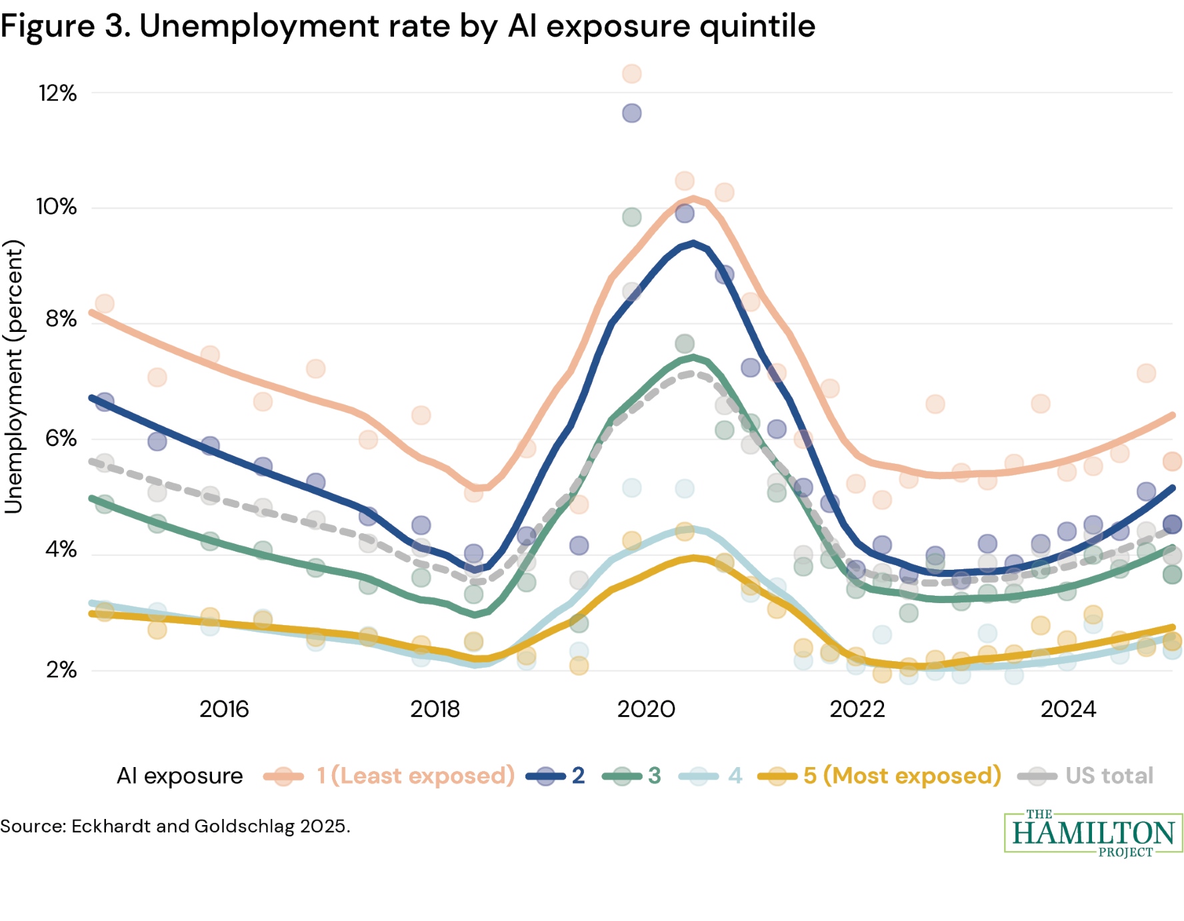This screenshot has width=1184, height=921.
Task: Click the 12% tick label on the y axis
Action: [x=57, y=93]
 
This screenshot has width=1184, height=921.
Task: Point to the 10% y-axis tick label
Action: [x=56, y=207]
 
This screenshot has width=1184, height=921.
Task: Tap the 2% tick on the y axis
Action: [x=61, y=670]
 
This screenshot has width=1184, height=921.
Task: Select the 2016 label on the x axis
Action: [x=224, y=709]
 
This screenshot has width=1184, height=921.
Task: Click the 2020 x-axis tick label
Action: [x=646, y=709]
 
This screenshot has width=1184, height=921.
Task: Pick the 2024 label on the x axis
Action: [x=1068, y=709]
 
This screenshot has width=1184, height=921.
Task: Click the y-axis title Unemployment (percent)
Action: [x=13, y=377]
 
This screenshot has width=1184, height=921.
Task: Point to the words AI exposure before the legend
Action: [x=179, y=776]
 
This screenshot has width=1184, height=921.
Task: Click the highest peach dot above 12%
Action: [x=632, y=73]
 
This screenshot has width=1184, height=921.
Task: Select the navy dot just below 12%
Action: [x=632, y=113]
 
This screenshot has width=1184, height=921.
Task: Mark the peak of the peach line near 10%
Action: [x=693, y=198]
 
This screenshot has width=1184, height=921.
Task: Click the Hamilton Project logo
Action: [x=1093, y=833]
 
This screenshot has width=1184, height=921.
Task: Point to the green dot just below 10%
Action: [x=632, y=217]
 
